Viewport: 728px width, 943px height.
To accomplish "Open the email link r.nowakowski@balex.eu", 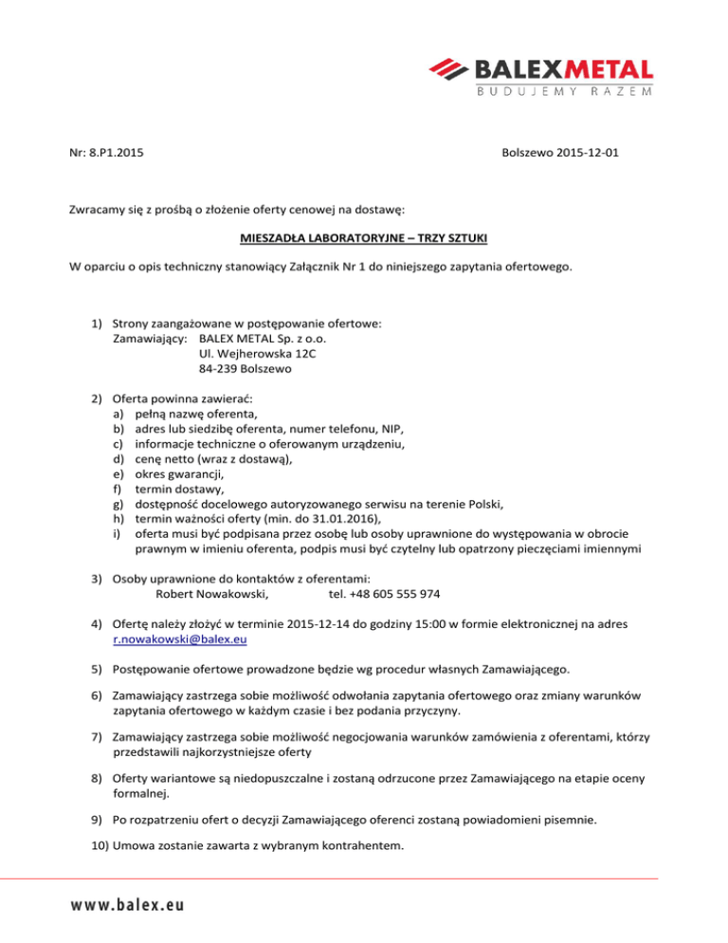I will pyautogui.click(x=179, y=640).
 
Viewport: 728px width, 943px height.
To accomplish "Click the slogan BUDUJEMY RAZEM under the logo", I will pyautogui.click(x=563, y=92).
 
